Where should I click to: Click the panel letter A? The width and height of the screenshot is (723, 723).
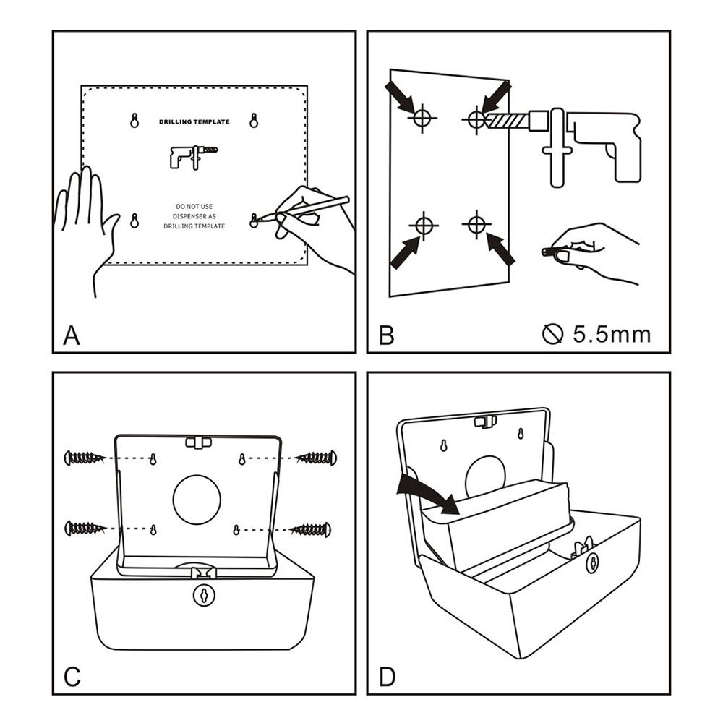point(72,335)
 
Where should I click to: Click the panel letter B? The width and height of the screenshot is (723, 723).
point(387,335)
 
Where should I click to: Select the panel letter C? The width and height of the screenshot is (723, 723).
point(72,677)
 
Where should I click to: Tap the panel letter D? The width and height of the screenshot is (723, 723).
point(388,677)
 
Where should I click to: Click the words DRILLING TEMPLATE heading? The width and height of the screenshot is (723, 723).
point(194,122)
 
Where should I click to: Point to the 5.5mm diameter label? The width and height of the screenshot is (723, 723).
point(596,334)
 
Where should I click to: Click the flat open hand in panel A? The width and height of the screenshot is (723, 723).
point(85,217)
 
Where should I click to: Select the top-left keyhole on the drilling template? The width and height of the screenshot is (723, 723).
point(134,121)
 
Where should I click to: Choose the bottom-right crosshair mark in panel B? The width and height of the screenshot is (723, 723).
point(475,224)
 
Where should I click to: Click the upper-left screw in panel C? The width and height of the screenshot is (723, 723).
point(85,458)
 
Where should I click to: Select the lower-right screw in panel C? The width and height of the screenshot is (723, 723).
point(312,530)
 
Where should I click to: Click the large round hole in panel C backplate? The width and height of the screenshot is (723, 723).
point(197,500)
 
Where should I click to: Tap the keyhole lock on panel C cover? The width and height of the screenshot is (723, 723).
point(204,594)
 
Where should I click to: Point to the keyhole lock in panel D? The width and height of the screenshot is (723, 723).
point(592,562)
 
